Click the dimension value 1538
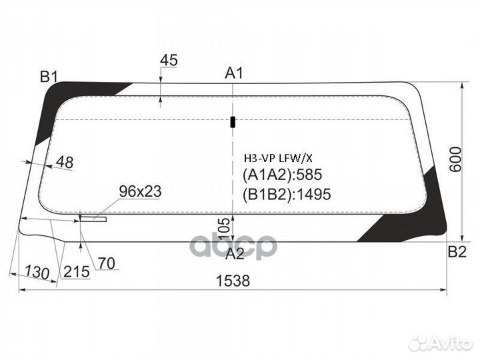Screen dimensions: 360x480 point(232,281)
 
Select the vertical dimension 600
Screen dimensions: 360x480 point(455,160)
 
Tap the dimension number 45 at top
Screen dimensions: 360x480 point(169,60)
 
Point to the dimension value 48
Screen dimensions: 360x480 point(65,161)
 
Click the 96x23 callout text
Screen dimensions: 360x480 point(140,191)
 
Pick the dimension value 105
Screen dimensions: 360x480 point(225,228)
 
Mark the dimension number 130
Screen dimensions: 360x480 point(37,273)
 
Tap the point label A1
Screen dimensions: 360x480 point(233,73)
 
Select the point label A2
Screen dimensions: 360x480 point(234,254)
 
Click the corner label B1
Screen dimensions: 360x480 point(49,77)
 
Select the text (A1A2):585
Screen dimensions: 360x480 point(281,175)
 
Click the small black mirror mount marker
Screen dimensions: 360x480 point(233,121)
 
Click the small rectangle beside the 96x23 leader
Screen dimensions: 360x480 point(93,217)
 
